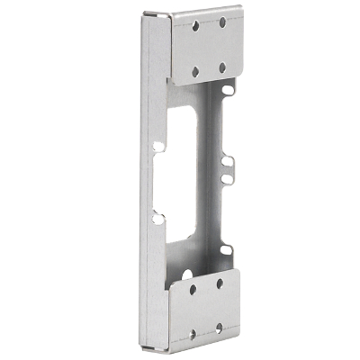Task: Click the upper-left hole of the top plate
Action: pos(195,26)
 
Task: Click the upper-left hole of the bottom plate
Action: pos(192,290)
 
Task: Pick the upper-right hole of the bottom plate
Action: pos(219,283)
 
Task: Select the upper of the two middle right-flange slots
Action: pos(228,162)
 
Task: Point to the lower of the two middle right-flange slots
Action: pos(228,178)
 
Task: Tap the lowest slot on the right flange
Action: pos(227,249)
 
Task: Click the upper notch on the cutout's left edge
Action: pos(158,145)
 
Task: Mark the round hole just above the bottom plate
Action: pos(186,272)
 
